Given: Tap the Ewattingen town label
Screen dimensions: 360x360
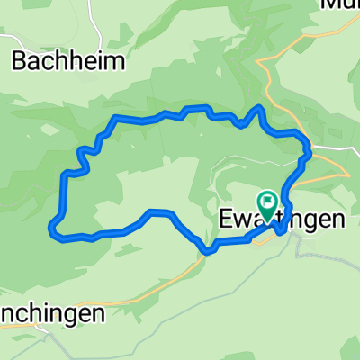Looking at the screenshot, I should pyautogui.click(x=281, y=218).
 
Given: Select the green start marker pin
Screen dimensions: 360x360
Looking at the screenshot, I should pyautogui.click(x=267, y=203).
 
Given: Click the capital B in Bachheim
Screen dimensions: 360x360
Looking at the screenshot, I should pyautogui.click(x=20, y=60).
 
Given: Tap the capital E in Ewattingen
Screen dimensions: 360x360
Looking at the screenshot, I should pyautogui.click(x=225, y=218).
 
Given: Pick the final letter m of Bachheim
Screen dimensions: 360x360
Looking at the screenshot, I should pyautogui.click(x=116, y=60).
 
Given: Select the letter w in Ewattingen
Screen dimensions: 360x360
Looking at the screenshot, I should pyautogui.click(x=241, y=218).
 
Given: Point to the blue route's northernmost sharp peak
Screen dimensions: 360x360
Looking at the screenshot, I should pyautogui.click(x=260, y=107).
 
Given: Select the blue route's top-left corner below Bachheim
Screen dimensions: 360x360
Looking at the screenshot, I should pyautogui.click(x=112, y=119).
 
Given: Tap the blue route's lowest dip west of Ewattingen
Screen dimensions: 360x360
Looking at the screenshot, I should pyautogui.click(x=208, y=251).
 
